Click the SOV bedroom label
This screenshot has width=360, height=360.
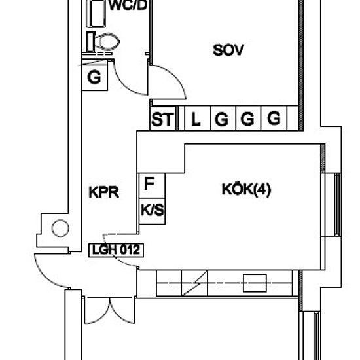(228, 50)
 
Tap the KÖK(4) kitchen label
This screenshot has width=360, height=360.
(246, 189)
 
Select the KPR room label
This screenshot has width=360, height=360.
(104, 192)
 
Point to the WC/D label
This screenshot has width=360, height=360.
(128, 5)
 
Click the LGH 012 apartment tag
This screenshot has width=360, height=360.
(116, 250)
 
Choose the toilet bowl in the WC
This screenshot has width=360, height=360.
(107, 42)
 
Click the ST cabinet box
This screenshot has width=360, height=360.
(163, 118)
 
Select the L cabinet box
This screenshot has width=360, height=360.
(198, 118)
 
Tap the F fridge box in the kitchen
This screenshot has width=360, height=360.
(152, 185)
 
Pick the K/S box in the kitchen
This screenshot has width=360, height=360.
(152, 211)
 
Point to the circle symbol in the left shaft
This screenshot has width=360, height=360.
(60, 228)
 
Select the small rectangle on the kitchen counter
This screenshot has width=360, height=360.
(255, 283)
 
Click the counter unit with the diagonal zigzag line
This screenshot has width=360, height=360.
(194, 283)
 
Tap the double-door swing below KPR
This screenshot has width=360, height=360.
(109, 310)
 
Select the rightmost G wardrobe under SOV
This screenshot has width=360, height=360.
(274, 118)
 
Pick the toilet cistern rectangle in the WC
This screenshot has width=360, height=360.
(91, 42)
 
